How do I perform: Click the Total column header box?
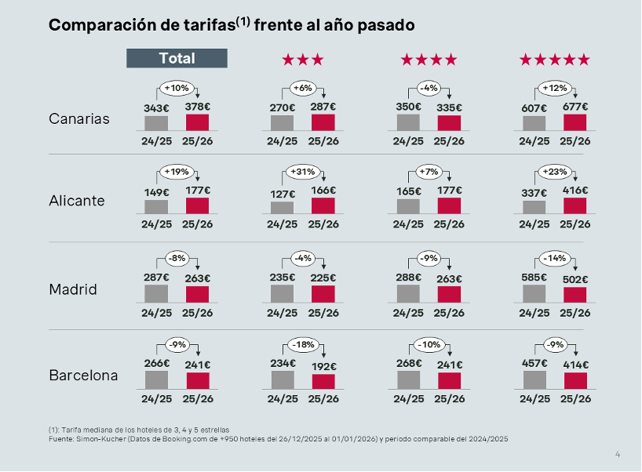click(x=177, y=58)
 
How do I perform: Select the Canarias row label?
click(x=79, y=119)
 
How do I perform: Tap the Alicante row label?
click(x=77, y=201)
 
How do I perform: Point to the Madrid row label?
click(x=73, y=289)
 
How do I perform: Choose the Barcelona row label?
click(x=83, y=375)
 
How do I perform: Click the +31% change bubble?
click(x=302, y=172)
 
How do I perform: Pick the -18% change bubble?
click(x=302, y=345)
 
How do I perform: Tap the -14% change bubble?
click(x=554, y=259)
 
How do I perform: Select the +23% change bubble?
click(x=554, y=172)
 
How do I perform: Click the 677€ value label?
click(x=575, y=107)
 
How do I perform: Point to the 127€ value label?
click(x=282, y=194)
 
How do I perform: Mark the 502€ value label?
click(x=575, y=278)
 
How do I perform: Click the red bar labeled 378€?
click(x=198, y=122)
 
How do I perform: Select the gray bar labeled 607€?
click(x=534, y=123)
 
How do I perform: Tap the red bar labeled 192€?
click(x=323, y=381)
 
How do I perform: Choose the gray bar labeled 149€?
click(x=156, y=206)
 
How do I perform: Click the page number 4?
click(x=618, y=454)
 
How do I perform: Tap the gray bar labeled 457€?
click(x=534, y=379)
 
